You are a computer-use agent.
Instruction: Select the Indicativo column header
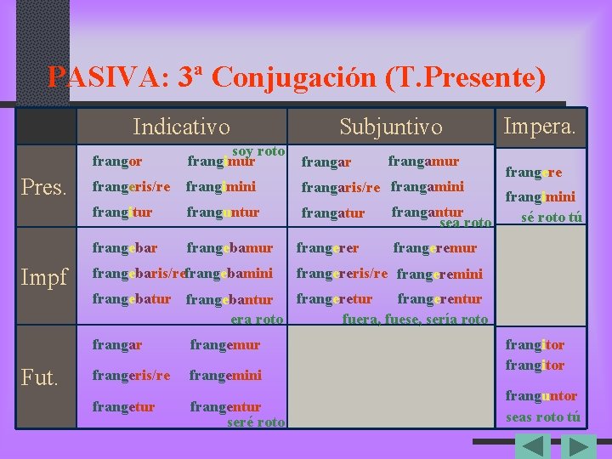[181, 127]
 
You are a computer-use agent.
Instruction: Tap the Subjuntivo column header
[390, 127]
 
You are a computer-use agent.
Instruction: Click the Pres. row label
[42, 187]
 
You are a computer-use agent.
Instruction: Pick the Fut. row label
[40, 377]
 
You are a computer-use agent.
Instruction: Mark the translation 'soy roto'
[258, 150]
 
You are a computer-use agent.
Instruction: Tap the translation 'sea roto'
[465, 224]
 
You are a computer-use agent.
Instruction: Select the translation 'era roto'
[257, 320]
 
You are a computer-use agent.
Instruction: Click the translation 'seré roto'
[256, 422]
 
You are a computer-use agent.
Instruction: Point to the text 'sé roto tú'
[552, 217]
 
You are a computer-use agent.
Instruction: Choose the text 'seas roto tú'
[543, 416]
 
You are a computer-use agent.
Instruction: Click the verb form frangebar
[125, 248]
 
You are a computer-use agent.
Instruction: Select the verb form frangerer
[327, 248]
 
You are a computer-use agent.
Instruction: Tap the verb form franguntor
[541, 396]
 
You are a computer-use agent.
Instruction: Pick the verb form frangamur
[423, 161]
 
